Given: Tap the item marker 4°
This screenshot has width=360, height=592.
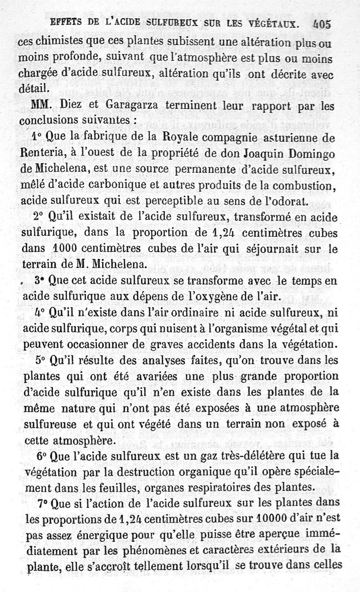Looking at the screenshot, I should click(40, 313).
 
